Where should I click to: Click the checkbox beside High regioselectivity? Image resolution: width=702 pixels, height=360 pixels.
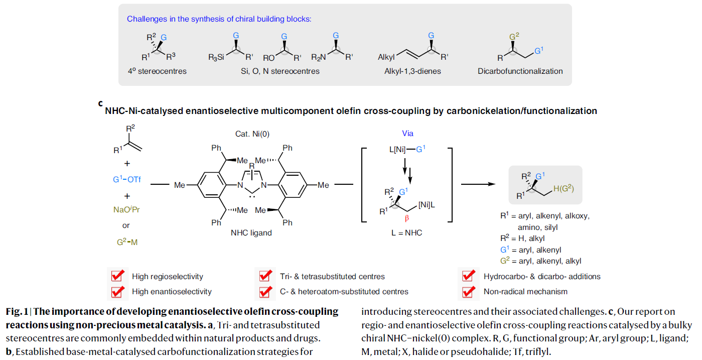(118, 276)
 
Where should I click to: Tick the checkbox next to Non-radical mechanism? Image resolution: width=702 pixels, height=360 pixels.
(469, 291)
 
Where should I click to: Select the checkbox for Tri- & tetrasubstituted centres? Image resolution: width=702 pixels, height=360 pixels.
(265, 276)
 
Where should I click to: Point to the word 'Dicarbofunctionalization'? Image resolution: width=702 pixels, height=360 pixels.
(520, 71)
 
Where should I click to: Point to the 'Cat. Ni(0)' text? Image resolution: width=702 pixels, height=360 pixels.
(252, 134)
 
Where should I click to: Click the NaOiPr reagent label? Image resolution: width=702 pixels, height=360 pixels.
(126, 209)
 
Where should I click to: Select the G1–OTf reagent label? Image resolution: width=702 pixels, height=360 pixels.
(126, 178)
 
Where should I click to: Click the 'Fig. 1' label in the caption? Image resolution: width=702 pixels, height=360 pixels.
(15, 312)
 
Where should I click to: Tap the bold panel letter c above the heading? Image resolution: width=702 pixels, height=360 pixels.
(100, 103)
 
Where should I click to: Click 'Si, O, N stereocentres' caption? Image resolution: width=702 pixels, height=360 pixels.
(280, 71)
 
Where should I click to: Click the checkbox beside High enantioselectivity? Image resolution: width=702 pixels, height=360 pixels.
(118, 291)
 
